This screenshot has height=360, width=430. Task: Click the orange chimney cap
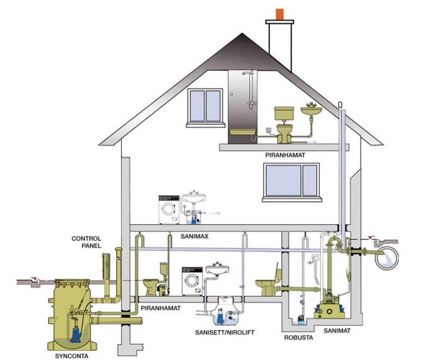[280, 14]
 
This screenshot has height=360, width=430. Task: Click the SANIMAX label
[195, 236]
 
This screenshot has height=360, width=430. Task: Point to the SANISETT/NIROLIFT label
[224, 332]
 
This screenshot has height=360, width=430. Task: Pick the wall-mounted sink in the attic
[312, 110]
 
